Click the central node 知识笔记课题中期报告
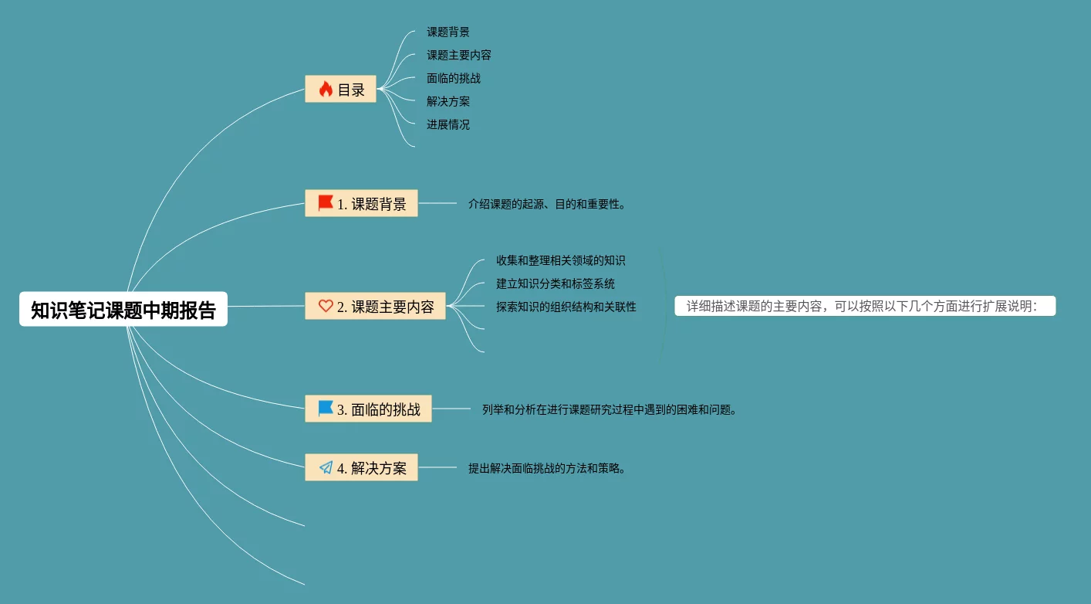(123, 309)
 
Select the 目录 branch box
(340, 89)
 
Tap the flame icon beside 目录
(326, 89)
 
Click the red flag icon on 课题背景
(326, 203)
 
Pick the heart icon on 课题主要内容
(326, 306)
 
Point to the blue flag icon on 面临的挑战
(326, 409)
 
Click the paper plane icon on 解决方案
(326, 467)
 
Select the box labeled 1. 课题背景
(361, 203)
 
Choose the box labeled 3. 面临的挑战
(368, 409)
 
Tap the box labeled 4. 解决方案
(361, 467)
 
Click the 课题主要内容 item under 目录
(459, 55)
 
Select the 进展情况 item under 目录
(448, 124)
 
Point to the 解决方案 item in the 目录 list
(448, 101)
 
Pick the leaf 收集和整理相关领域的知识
(561, 260)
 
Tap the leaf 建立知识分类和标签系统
(556, 283)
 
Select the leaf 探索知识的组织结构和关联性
(566, 307)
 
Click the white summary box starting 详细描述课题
(865, 306)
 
